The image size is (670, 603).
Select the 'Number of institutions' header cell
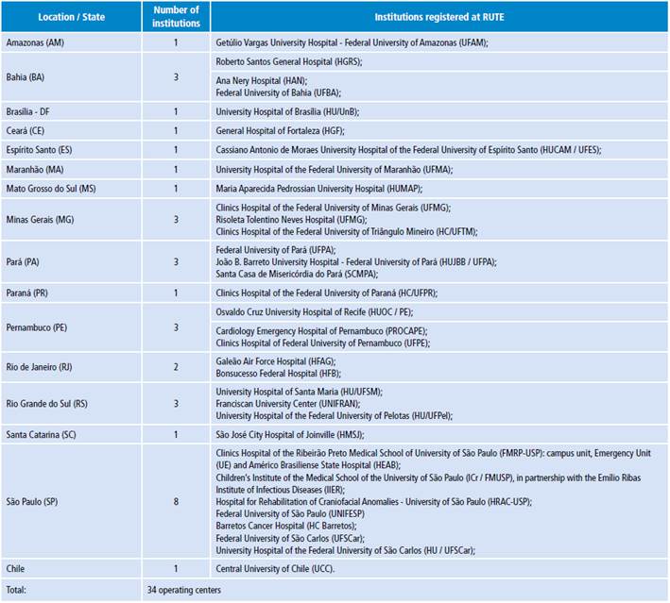(176, 17)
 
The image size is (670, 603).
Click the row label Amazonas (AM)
(35, 43)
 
